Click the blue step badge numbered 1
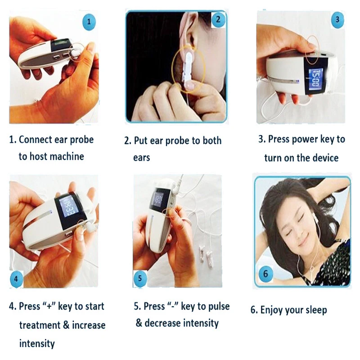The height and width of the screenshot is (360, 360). tap(90, 21)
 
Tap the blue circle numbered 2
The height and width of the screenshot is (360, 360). tap(218, 19)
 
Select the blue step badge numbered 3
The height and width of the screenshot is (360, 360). tap(337, 19)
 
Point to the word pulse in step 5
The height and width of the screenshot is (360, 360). tap(215, 306)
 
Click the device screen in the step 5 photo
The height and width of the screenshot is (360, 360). tap(158, 198)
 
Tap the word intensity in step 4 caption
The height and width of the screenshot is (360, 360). tap(37, 344)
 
